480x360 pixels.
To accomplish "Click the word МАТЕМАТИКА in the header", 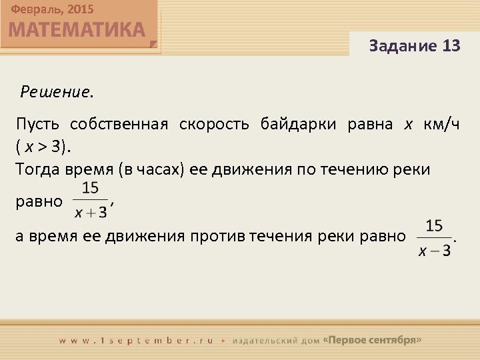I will tap(77, 30).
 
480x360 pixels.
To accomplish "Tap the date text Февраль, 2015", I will tap(52, 9).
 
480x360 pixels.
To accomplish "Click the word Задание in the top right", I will tap(402, 46).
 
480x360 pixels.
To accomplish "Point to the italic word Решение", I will tap(57, 91).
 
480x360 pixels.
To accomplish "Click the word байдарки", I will tap(299, 124).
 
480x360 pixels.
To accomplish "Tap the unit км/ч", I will tap(441, 124).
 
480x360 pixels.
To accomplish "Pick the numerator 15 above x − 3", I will tap(434, 227).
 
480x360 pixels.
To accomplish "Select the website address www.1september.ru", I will tap(136, 340).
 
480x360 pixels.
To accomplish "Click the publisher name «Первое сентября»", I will tap(371, 339).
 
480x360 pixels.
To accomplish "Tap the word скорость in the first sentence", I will tap(215, 124).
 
